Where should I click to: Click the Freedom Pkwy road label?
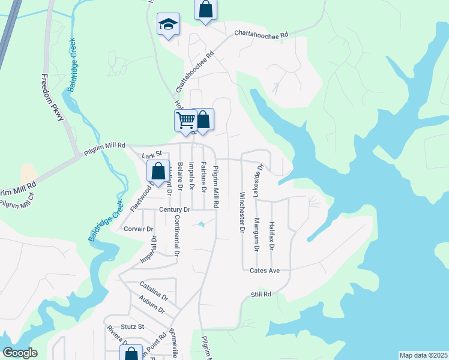52,98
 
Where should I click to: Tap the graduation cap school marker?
168,25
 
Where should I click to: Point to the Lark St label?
152,155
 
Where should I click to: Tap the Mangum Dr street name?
256,235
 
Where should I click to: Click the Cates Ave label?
265,271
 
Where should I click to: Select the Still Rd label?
261,295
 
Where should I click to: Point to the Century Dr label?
175,209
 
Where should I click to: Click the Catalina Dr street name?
154,291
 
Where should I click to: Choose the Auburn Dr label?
151,305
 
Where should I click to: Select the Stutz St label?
133,327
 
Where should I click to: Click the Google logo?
19,353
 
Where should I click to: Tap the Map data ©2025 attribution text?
423,355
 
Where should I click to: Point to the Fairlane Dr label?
203,177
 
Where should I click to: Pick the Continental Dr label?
176,233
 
